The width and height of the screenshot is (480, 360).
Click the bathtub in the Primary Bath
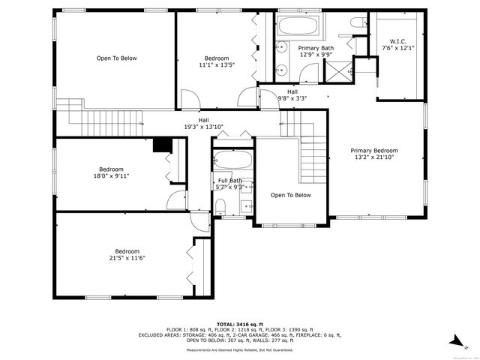click(299, 27)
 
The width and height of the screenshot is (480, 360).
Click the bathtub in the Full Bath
click(232, 159)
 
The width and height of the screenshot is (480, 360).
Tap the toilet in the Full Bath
click(220, 205)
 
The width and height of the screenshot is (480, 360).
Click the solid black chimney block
click(160, 145)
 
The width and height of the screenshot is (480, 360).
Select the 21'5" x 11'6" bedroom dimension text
click(127, 258)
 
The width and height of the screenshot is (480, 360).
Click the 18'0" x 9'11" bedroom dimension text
click(111, 176)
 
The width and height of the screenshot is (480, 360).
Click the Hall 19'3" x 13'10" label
click(203, 124)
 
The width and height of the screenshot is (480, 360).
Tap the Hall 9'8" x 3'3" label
click(292, 95)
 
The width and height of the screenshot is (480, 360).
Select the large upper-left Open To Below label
click(116, 58)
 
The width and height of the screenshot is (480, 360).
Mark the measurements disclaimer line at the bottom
click(240, 349)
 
